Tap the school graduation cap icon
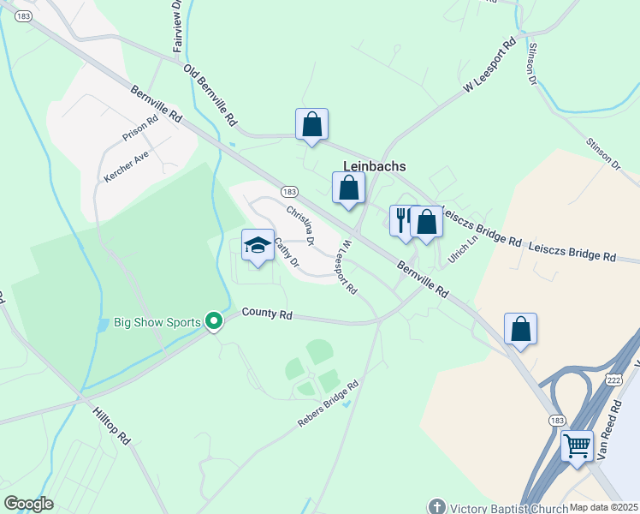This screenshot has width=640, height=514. pyautogui.click(x=258, y=245)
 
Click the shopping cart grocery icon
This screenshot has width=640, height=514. pyautogui.click(x=577, y=445)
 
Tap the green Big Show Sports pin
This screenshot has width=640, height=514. pyautogui.click(x=214, y=322)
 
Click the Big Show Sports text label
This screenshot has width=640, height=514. pyautogui.click(x=147, y=323)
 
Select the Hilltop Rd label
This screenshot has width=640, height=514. pyautogui.click(x=112, y=426)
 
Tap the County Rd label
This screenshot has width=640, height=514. pyautogui.click(x=267, y=314)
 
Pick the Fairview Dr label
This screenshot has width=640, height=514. pyautogui.click(x=177, y=27)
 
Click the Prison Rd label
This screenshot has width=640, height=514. pyautogui.click(x=140, y=128)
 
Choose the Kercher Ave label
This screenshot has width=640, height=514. pyautogui.click(x=126, y=165)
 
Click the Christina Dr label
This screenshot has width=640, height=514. pyautogui.click(x=300, y=225)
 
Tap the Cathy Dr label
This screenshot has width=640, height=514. pyautogui.click(x=286, y=251)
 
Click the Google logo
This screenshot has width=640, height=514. pyautogui.click(x=28, y=504)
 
